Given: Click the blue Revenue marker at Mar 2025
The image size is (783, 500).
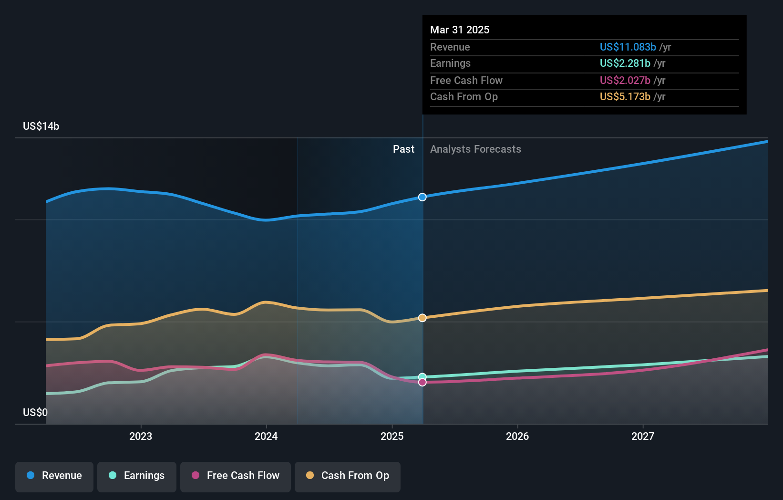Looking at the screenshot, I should tap(422, 197).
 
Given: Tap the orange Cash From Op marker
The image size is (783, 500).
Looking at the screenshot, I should tap(422, 318).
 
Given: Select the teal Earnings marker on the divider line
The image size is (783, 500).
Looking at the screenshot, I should tap(422, 377).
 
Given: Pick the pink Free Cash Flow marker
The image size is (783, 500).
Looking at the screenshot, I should tap(422, 382).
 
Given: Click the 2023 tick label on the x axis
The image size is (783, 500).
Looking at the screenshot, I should tap(141, 436).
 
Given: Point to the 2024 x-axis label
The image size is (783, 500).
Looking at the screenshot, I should tap(266, 436).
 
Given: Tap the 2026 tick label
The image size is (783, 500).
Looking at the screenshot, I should tap(517, 436).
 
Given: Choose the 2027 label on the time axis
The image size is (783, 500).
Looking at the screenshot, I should tap(643, 436).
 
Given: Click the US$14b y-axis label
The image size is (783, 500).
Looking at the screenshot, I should tap(41, 126).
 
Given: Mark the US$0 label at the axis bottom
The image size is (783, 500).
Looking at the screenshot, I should tap(35, 412).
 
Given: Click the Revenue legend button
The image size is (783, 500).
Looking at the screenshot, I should tap(54, 476).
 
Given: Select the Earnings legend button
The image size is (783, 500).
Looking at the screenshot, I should tap(137, 476).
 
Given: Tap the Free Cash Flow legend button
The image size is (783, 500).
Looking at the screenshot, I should tap(236, 476).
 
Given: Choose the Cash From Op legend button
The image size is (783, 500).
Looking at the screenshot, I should tap(348, 476).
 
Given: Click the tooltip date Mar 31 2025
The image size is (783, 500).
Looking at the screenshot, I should tap(460, 30).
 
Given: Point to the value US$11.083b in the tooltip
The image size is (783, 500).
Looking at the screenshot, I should tap(628, 47).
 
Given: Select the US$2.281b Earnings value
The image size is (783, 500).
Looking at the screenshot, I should tap(625, 63).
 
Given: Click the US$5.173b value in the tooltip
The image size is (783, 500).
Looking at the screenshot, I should tap(625, 96).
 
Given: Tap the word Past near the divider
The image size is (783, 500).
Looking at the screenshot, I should tap(403, 149).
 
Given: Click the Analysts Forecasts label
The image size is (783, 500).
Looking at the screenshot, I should tap(475, 149).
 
